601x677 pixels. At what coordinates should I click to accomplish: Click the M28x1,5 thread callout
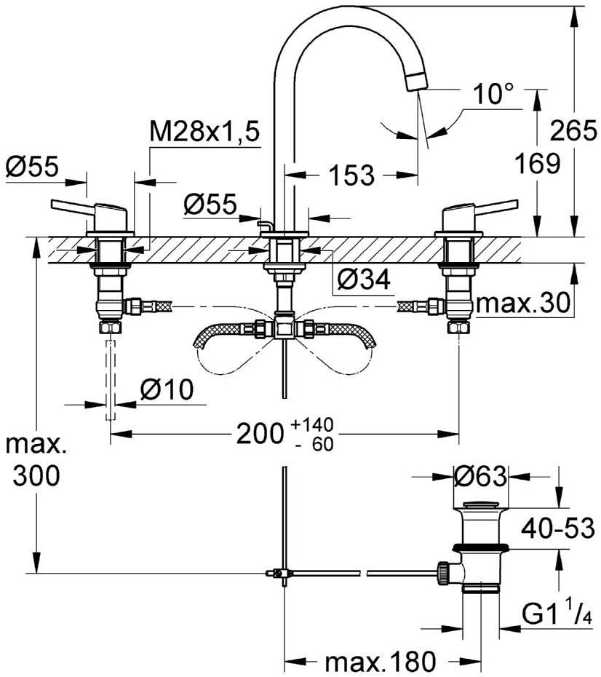coord(204,132)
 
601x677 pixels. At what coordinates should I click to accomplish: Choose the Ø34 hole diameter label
coord(364,278)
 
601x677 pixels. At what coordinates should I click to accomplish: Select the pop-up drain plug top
coord(479,505)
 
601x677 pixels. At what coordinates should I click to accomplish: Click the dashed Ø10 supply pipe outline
coord(111,379)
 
